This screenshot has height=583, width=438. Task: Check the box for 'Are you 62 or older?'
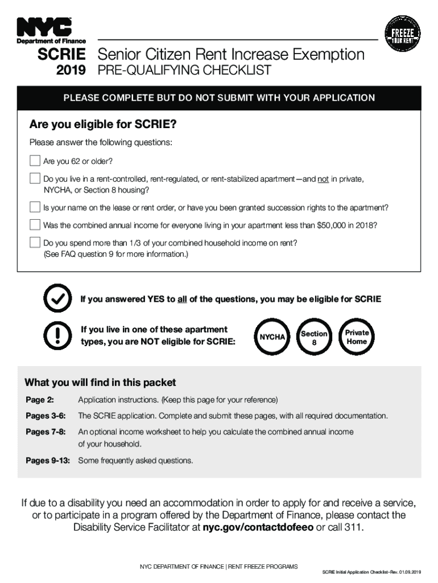[35, 161]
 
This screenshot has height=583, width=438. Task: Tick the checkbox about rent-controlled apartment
[35, 179]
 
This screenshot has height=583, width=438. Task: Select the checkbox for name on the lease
[35, 207]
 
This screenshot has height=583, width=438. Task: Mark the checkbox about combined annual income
[35, 224]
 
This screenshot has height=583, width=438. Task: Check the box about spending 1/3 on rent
[35, 243]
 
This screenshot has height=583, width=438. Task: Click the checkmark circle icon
[57, 299]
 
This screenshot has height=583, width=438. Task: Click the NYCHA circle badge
[272, 337]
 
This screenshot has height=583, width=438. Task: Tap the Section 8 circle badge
[314, 338]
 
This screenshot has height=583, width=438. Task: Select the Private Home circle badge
[357, 337]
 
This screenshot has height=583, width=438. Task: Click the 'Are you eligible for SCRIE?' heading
[103, 124]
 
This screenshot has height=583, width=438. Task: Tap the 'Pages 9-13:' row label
[48, 461]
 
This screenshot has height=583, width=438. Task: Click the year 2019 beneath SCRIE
[71, 71]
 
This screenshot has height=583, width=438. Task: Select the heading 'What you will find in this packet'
[100, 382]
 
